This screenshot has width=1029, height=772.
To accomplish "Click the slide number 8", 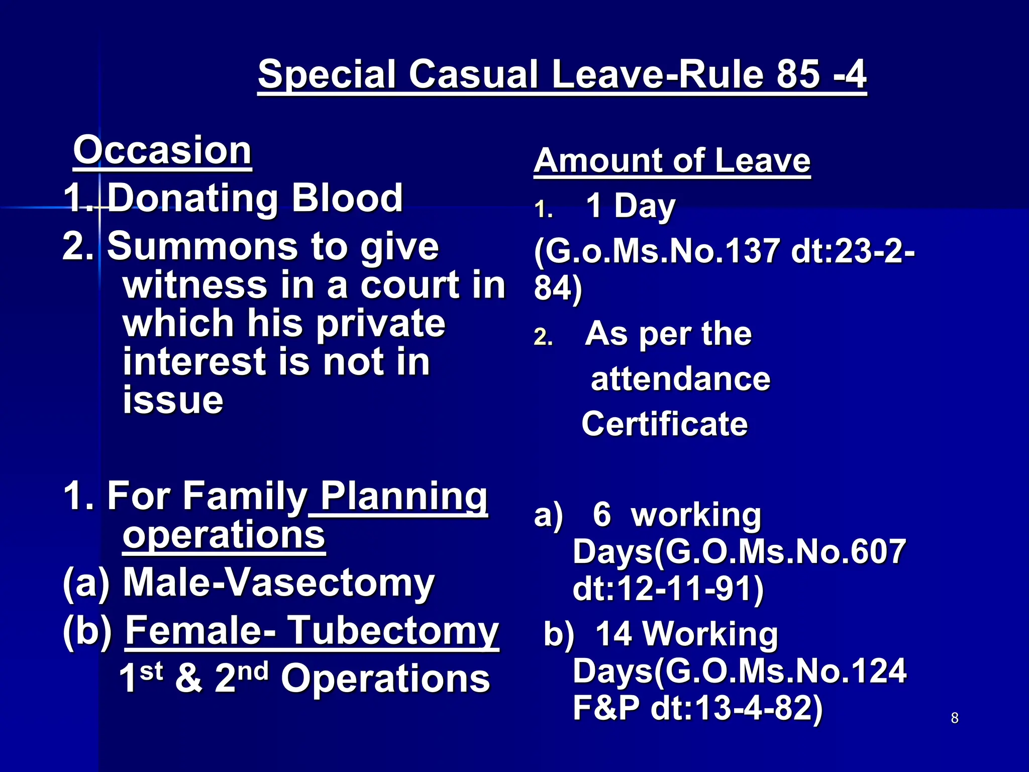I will [955, 718].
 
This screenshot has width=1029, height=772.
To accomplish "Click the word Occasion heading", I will [162, 150].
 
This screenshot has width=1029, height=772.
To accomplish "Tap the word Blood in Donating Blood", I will [347, 198].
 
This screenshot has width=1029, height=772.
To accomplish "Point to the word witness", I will [194, 285].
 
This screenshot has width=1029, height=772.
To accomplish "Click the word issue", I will [173, 400].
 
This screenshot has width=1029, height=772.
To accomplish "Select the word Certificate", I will [664, 424].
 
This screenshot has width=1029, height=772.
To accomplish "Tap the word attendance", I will [680, 379].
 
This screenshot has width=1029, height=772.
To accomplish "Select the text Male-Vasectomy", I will [278, 583].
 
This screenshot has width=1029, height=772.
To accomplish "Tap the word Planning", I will [403, 496].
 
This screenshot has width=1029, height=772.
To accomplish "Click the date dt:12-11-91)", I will [668, 589].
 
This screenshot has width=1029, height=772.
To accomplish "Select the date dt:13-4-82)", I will [737, 708].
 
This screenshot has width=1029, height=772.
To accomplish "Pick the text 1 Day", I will [630, 206].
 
